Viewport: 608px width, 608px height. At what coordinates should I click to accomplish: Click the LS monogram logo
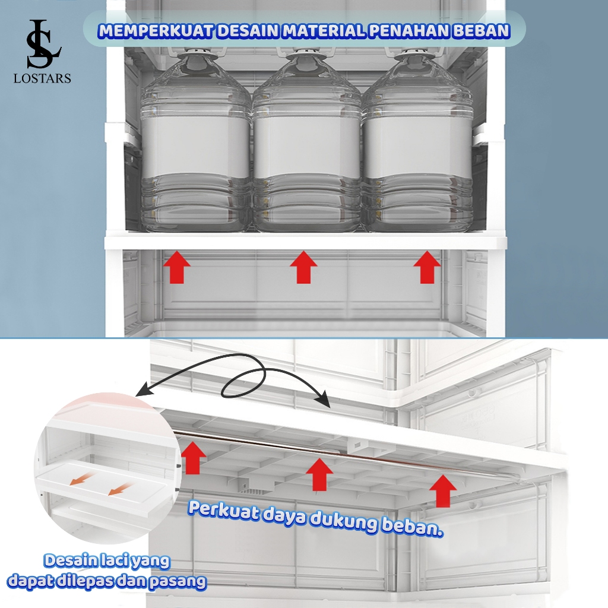[43, 43]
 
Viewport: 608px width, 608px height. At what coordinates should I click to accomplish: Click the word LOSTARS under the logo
[42, 79]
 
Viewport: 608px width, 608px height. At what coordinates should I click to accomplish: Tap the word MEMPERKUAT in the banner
[156, 31]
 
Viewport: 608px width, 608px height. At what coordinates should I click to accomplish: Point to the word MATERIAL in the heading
[324, 31]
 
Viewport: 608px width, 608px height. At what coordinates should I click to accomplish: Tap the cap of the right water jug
[413, 54]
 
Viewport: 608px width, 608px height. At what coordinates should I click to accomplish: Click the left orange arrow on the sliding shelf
[81, 479]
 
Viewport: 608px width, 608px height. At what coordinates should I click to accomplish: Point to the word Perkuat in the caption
[224, 511]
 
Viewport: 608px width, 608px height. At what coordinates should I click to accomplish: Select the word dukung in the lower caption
[344, 520]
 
